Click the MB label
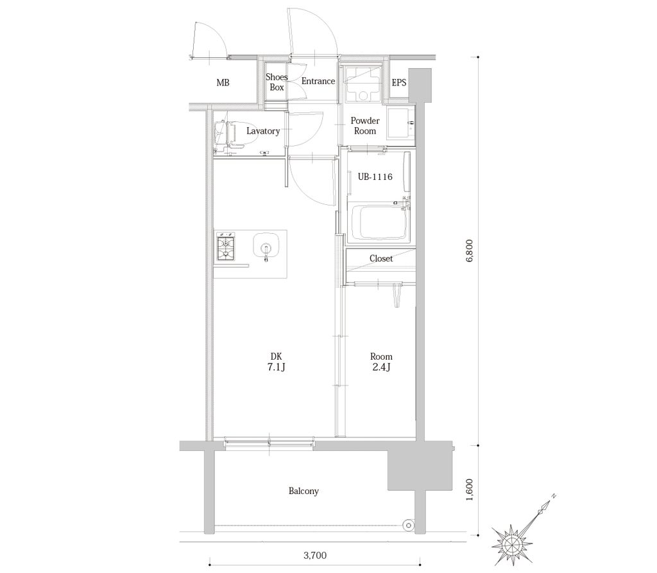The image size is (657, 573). [x=223, y=83]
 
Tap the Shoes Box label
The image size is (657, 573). [x=277, y=82]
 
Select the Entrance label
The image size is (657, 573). [x=318, y=81]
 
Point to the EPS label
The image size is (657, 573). [x=399, y=83]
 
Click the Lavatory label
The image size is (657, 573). [x=263, y=131]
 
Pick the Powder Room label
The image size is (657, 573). [x=365, y=126]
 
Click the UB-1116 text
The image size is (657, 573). [x=375, y=177]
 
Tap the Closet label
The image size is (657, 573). [x=381, y=258]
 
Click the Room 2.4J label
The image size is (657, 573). [x=381, y=362]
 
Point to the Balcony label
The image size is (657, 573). [x=303, y=491]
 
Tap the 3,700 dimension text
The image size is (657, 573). [x=314, y=555]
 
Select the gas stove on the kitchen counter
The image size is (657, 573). [x=226, y=248]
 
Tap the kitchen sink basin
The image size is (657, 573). [x=266, y=245]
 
